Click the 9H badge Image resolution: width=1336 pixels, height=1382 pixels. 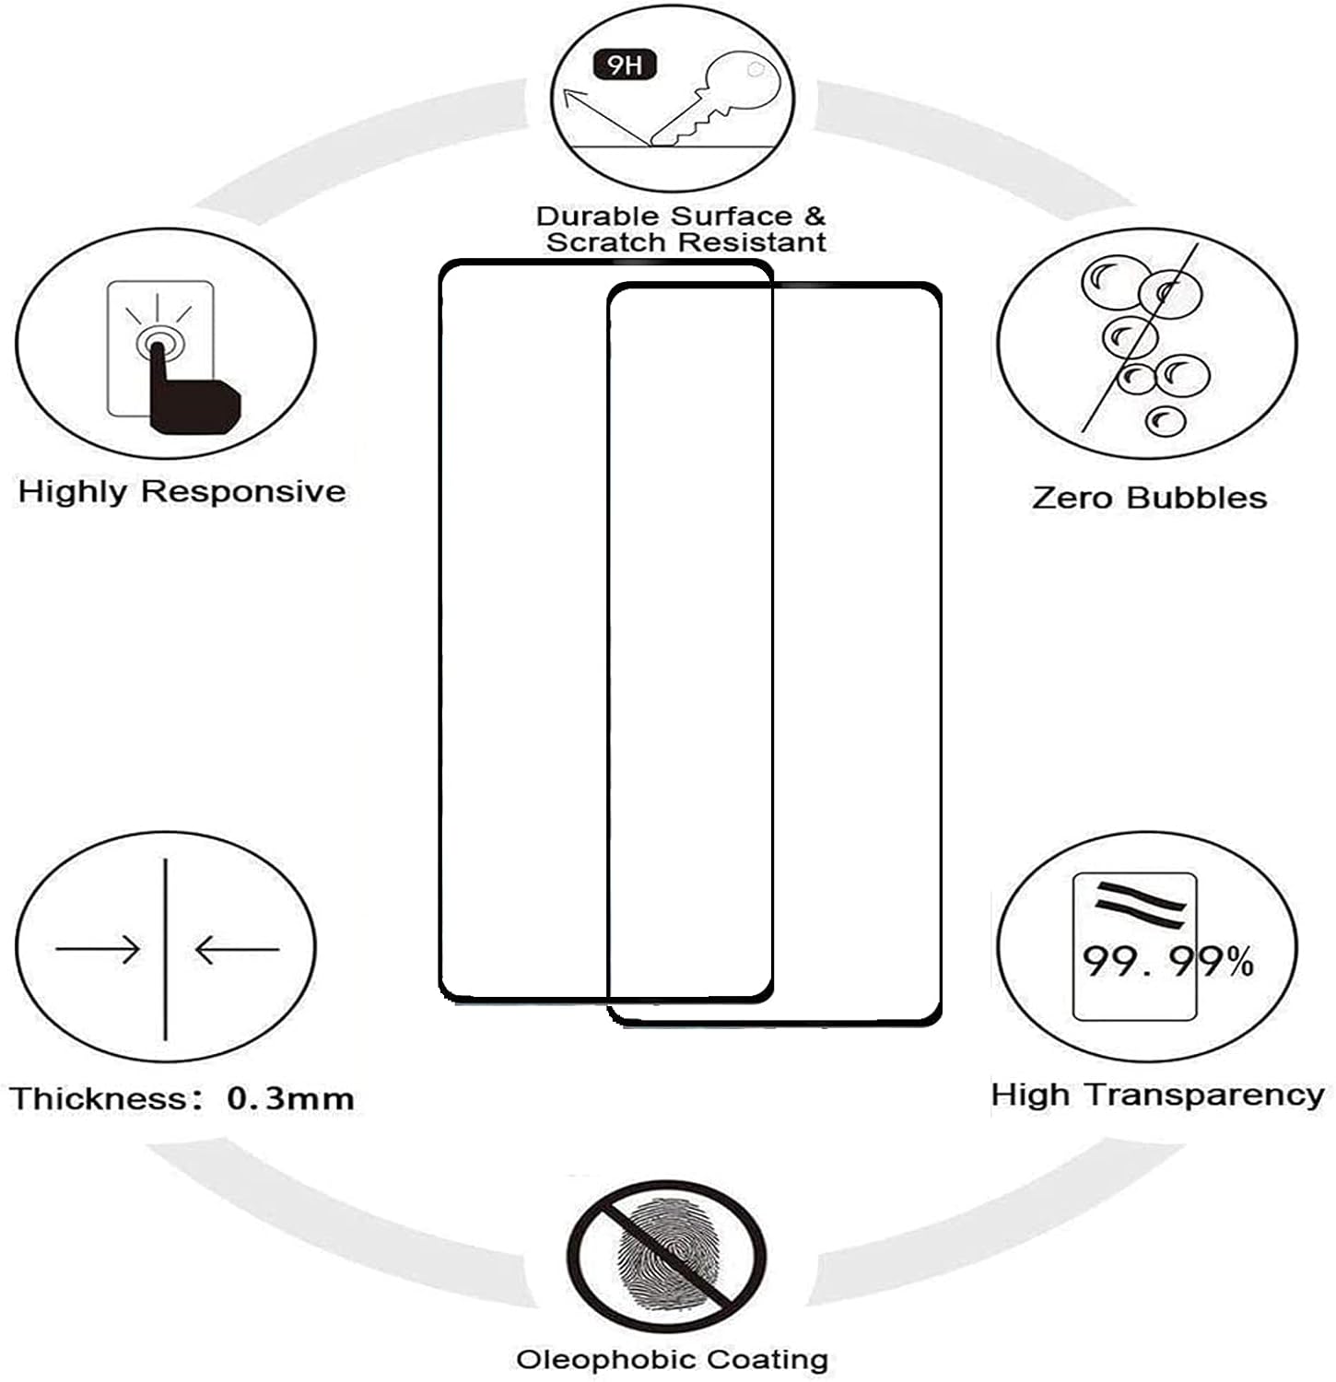[625, 65]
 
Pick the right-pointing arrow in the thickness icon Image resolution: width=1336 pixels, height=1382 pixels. [98, 948]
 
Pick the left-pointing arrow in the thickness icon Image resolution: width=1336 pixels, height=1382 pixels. [237, 949]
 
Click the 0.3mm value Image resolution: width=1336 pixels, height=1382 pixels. [290, 1098]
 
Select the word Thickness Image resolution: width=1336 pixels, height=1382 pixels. [99, 1098]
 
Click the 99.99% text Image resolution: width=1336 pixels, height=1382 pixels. [1166, 962]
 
